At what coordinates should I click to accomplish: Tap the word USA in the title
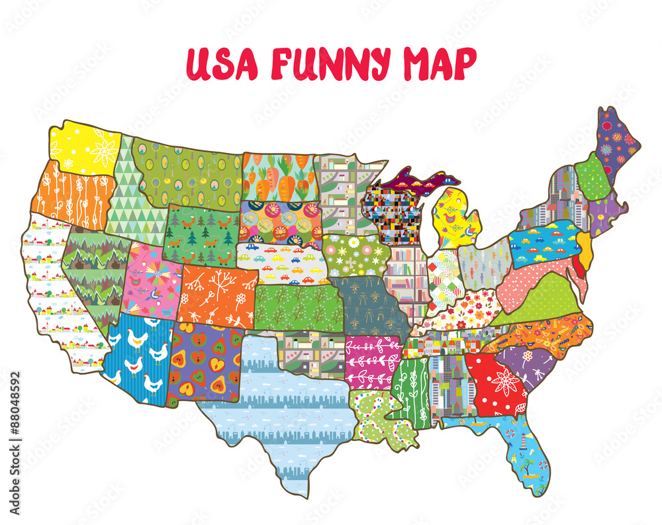click(x=222, y=64)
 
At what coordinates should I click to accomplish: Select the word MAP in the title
click(x=438, y=64)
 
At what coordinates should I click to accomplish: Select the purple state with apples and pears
click(x=205, y=363)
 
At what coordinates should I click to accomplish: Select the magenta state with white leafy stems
click(x=372, y=361)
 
